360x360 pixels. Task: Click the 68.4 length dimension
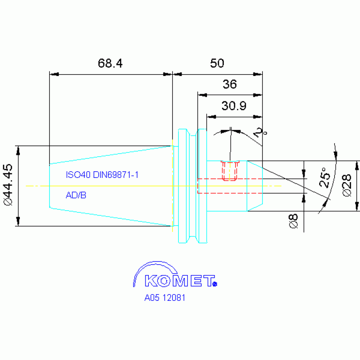(110, 63)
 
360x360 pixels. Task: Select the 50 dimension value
(217, 63)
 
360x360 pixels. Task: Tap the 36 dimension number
(230, 84)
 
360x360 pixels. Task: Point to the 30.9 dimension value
(234, 106)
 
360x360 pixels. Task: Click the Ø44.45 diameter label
(8, 184)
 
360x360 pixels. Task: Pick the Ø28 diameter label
(347, 185)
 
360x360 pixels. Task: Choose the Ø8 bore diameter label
(293, 221)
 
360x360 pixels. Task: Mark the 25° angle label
(325, 177)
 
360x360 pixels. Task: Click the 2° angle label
(260, 133)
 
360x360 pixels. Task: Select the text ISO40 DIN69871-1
(102, 175)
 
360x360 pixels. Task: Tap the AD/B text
(76, 195)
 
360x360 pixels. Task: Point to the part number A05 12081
(165, 298)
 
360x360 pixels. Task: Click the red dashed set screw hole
(230, 171)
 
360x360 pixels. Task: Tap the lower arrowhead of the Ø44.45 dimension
(18, 222)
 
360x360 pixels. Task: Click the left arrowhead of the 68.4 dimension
(54, 74)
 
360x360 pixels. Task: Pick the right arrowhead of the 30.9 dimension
(258, 117)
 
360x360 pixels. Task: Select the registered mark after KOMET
(215, 284)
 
